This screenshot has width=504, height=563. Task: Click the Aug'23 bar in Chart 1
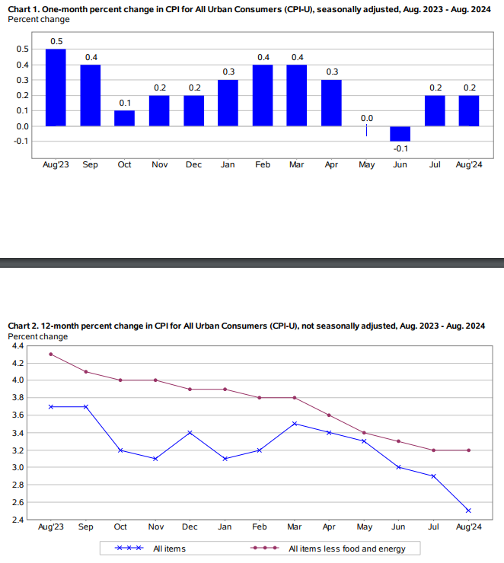(56, 87)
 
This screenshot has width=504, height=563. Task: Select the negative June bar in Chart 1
(400, 134)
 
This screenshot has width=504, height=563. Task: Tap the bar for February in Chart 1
(263, 95)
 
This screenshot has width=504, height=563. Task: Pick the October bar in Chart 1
(125, 118)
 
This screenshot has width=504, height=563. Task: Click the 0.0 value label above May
(366, 118)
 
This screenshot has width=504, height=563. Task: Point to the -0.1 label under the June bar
(400, 148)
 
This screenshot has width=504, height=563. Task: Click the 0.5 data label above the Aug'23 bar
(56, 41)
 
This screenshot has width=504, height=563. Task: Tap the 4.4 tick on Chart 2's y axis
(18, 345)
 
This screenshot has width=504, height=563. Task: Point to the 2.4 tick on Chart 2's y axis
(18, 520)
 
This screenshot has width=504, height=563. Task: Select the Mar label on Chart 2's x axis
(294, 526)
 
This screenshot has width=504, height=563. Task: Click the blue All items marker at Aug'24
(468, 511)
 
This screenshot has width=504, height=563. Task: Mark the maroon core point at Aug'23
(51, 354)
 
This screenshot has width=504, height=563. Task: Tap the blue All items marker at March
(295, 424)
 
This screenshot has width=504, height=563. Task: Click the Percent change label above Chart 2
(38, 336)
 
